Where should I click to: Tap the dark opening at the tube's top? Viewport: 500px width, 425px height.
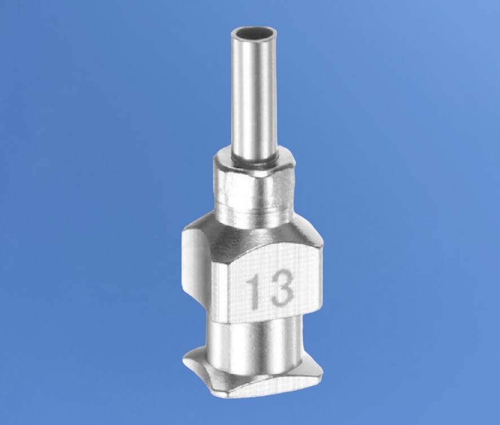(254, 33)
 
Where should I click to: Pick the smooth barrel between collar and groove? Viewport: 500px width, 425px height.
(254, 195)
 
